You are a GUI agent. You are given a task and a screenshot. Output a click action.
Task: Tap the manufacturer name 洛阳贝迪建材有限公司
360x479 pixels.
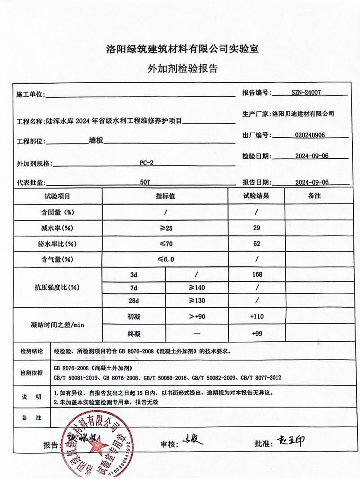[x=303, y=114]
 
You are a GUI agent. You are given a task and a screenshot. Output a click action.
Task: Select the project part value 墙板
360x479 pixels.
[x=96, y=140]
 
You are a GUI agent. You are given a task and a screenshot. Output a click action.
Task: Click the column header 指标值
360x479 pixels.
[x=165, y=197]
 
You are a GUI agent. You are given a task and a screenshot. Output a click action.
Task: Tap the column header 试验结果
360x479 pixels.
[x=256, y=197]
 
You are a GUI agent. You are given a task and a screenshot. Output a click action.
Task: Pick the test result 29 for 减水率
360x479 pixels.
[x=256, y=228]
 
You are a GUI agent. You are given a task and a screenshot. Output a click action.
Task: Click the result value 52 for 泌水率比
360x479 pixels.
[x=256, y=244]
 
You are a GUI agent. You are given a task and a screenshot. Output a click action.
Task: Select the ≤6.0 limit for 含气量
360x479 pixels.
[x=165, y=260]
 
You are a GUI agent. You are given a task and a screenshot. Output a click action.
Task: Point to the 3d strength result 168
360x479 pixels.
[x=256, y=274]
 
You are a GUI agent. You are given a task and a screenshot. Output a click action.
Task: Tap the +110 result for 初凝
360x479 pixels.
[x=256, y=317]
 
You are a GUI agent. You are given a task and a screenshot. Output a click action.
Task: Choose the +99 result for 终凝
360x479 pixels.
[x=256, y=333]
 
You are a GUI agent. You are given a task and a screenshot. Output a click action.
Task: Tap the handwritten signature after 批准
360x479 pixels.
[x=290, y=441]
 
